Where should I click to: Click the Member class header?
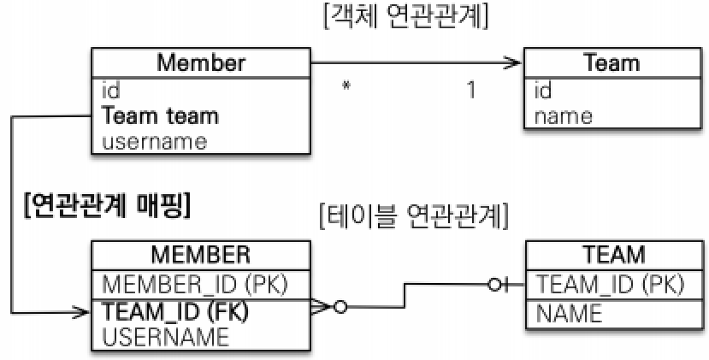(201, 62)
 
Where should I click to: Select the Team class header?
(611, 62)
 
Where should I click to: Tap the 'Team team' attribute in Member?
(160, 115)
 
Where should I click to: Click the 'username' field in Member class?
(154, 141)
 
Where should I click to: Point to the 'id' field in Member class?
(110, 90)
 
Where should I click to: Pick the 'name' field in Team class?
(563, 115)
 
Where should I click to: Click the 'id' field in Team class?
(544, 90)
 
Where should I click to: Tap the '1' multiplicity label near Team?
(471, 89)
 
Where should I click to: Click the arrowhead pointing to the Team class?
(515, 62)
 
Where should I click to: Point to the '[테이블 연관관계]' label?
(414, 217)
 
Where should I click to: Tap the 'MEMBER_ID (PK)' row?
(195, 282)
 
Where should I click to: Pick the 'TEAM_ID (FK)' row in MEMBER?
(176, 311)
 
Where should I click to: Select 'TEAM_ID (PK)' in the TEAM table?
(608, 282)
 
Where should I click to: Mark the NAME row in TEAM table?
(569, 313)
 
